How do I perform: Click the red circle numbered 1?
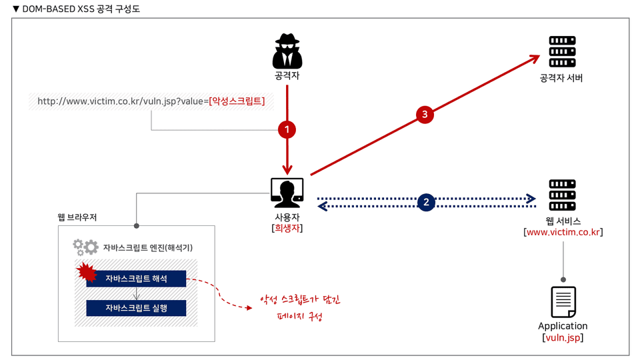click(x=287, y=130)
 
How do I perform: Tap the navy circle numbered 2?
click(x=427, y=201)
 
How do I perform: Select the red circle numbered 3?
click(x=425, y=115)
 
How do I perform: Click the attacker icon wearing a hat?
click(x=288, y=51)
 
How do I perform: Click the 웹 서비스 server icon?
click(x=562, y=195)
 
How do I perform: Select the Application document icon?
click(x=563, y=301)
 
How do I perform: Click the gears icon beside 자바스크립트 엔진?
click(x=85, y=248)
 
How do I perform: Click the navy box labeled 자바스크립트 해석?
click(x=136, y=279)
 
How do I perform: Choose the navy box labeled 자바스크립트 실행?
click(x=136, y=308)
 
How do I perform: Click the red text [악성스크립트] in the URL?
click(x=237, y=101)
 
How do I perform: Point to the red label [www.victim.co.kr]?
click(x=563, y=232)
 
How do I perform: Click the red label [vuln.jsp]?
click(x=563, y=338)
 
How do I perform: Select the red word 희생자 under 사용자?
click(x=288, y=228)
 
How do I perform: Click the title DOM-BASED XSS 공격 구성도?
click(x=80, y=9)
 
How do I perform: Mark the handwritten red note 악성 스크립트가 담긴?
click(x=300, y=299)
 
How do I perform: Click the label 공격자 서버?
click(x=562, y=78)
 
